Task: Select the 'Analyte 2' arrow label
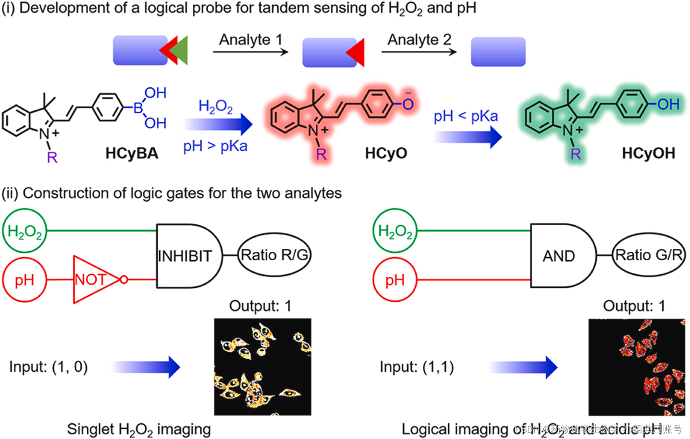[419, 40]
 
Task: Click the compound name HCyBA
[132, 153]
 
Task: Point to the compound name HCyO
[386, 153]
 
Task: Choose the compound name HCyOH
[648, 153]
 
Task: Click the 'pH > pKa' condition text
[215, 146]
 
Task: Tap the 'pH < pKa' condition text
[465, 116]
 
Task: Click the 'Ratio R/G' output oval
[274, 255]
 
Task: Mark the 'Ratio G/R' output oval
[648, 255]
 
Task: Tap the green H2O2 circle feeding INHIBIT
[25, 231]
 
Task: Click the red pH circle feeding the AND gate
[395, 280]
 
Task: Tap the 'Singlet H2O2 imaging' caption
[139, 429]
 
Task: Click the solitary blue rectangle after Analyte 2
[498, 52]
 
